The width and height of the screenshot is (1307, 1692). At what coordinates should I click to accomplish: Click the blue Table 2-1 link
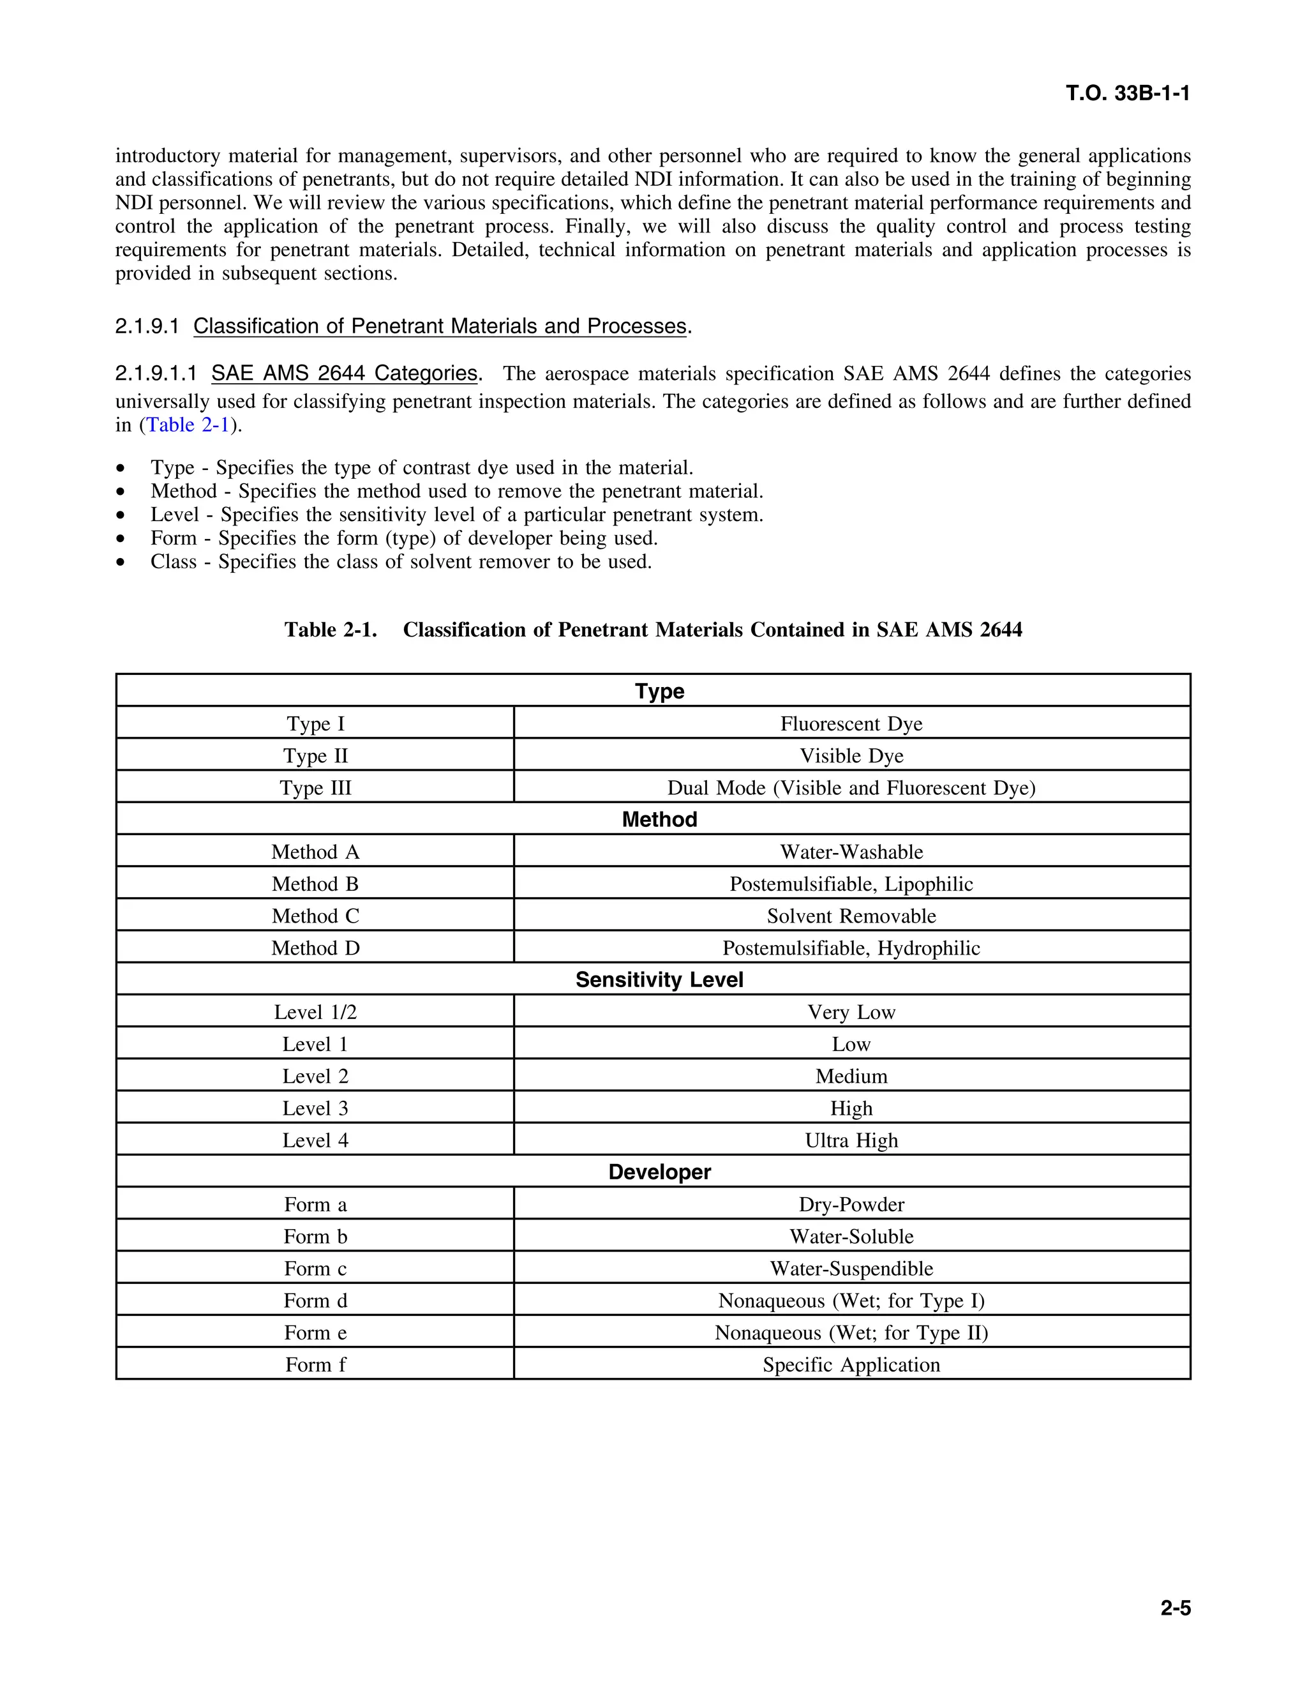click(x=188, y=425)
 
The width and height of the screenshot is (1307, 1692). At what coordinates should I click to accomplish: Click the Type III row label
click(x=315, y=788)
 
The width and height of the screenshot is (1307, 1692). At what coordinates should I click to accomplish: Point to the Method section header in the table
click(x=659, y=820)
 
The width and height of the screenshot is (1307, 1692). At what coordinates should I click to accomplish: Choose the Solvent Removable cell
click(x=851, y=916)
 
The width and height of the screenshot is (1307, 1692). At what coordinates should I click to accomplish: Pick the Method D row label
click(x=315, y=948)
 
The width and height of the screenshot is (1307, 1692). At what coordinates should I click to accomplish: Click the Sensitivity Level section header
click(x=659, y=980)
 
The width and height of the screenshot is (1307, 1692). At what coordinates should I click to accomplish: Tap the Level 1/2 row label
click(x=315, y=1013)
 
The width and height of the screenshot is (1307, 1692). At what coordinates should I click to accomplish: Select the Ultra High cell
click(x=851, y=1140)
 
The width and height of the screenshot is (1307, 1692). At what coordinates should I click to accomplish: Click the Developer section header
click(x=659, y=1172)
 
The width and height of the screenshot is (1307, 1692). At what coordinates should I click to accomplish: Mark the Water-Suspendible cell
click(x=851, y=1269)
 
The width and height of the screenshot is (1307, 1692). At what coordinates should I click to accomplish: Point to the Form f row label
click(x=315, y=1365)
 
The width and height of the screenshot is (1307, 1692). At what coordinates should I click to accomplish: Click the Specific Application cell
click(x=851, y=1365)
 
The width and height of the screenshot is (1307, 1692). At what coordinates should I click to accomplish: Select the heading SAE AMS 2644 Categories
click(x=344, y=374)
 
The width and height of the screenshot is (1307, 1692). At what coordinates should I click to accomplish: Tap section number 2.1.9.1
click(x=147, y=327)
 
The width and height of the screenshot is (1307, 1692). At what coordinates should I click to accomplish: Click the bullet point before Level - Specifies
click(x=120, y=516)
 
